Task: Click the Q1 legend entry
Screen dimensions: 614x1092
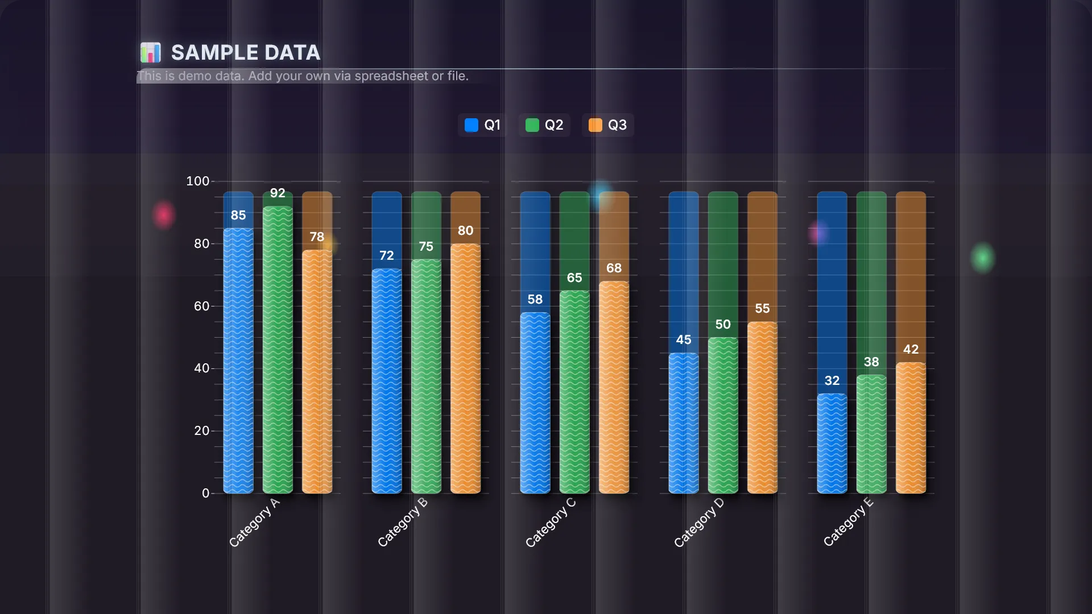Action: (483, 125)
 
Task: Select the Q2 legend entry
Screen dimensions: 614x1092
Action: (544, 125)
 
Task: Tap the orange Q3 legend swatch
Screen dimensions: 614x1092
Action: (595, 125)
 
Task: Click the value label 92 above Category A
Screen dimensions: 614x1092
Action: (278, 193)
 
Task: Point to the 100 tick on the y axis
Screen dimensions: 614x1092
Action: (198, 181)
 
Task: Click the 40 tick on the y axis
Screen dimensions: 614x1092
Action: (201, 368)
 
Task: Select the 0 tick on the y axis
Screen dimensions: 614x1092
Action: (205, 493)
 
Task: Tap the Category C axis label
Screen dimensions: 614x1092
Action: (551, 522)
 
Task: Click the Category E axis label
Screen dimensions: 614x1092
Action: (848, 522)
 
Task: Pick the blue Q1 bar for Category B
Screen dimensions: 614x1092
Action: (387, 381)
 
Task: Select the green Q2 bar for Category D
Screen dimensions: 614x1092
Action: (723, 415)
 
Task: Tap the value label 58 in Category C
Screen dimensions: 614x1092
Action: (535, 300)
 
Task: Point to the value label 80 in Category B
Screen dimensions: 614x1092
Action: (465, 231)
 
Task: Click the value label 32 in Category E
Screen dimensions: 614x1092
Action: (832, 381)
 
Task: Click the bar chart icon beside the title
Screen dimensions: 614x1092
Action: (151, 52)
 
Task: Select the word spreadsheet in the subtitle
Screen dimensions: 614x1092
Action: (391, 76)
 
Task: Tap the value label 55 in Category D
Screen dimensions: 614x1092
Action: (762, 309)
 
